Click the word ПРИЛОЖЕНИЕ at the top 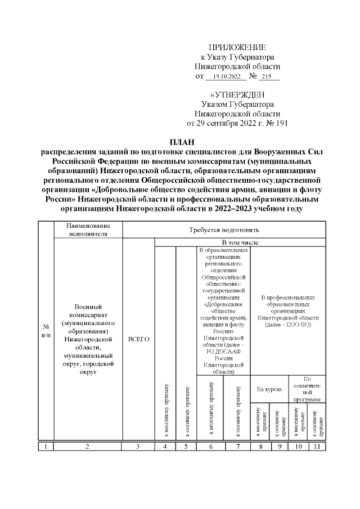coord(237,47)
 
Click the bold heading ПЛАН coord(180,142)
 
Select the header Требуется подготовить coord(223,229)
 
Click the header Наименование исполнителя coord(87,229)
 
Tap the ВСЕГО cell coord(138,339)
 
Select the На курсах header coord(269,389)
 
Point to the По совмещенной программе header coord(307,389)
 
